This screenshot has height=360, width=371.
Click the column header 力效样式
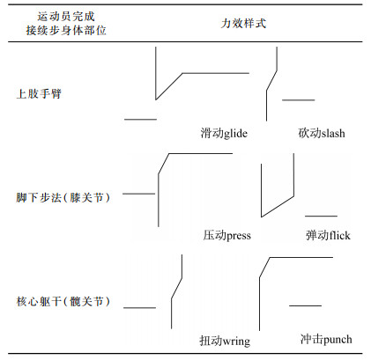pos(243,23)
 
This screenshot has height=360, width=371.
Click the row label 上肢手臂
pos(39,94)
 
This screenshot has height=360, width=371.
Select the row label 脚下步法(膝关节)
pos(63,197)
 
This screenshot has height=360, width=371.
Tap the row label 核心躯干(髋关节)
pos(63,301)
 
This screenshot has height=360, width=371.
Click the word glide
pos(235,134)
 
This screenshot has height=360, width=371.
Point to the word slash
pos(333,134)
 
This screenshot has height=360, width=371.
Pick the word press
pos(239,236)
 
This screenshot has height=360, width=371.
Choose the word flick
pos(339,235)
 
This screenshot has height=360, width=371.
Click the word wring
pos(236,342)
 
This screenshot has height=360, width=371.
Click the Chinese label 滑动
pos(212,133)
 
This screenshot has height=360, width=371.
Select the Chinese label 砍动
pos(309,133)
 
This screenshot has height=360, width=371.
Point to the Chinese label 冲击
pos(312,339)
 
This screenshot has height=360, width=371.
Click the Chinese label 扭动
pos(211,341)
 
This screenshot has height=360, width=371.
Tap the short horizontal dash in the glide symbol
pos(140,120)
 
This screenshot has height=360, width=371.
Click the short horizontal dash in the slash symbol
pos(299,100)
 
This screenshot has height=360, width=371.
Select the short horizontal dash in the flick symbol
pos(321,217)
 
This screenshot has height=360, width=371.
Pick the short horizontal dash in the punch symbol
pos(305,305)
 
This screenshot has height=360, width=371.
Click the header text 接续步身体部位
pos(66,30)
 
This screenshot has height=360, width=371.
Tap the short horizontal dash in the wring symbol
pos(139,308)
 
